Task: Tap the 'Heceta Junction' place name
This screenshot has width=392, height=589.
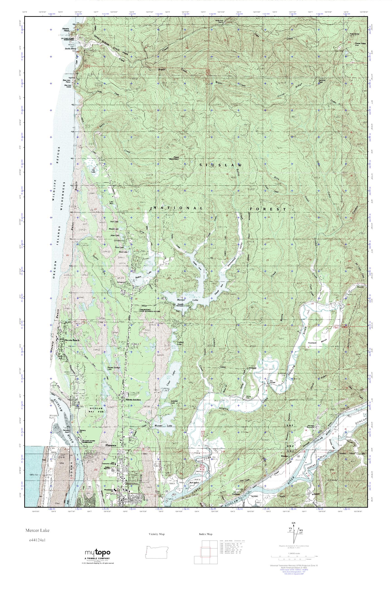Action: pos(133,407)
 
